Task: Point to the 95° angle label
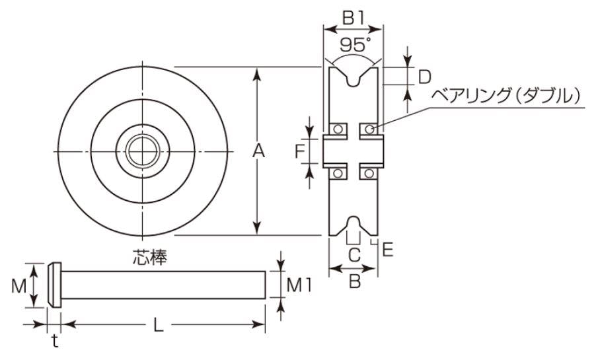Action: click(x=354, y=45)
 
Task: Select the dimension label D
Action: click(x=426, y=76)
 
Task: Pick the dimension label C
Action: click(x=354, y=253)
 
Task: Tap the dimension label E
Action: click(x=388, y=248)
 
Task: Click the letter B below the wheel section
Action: click(x=354, y=282)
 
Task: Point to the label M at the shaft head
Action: click(x=20, y=286)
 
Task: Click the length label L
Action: click(x=159, y=324)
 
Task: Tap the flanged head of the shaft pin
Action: click(x=55, y=285)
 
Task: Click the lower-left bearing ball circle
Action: click(x=338, y=173)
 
